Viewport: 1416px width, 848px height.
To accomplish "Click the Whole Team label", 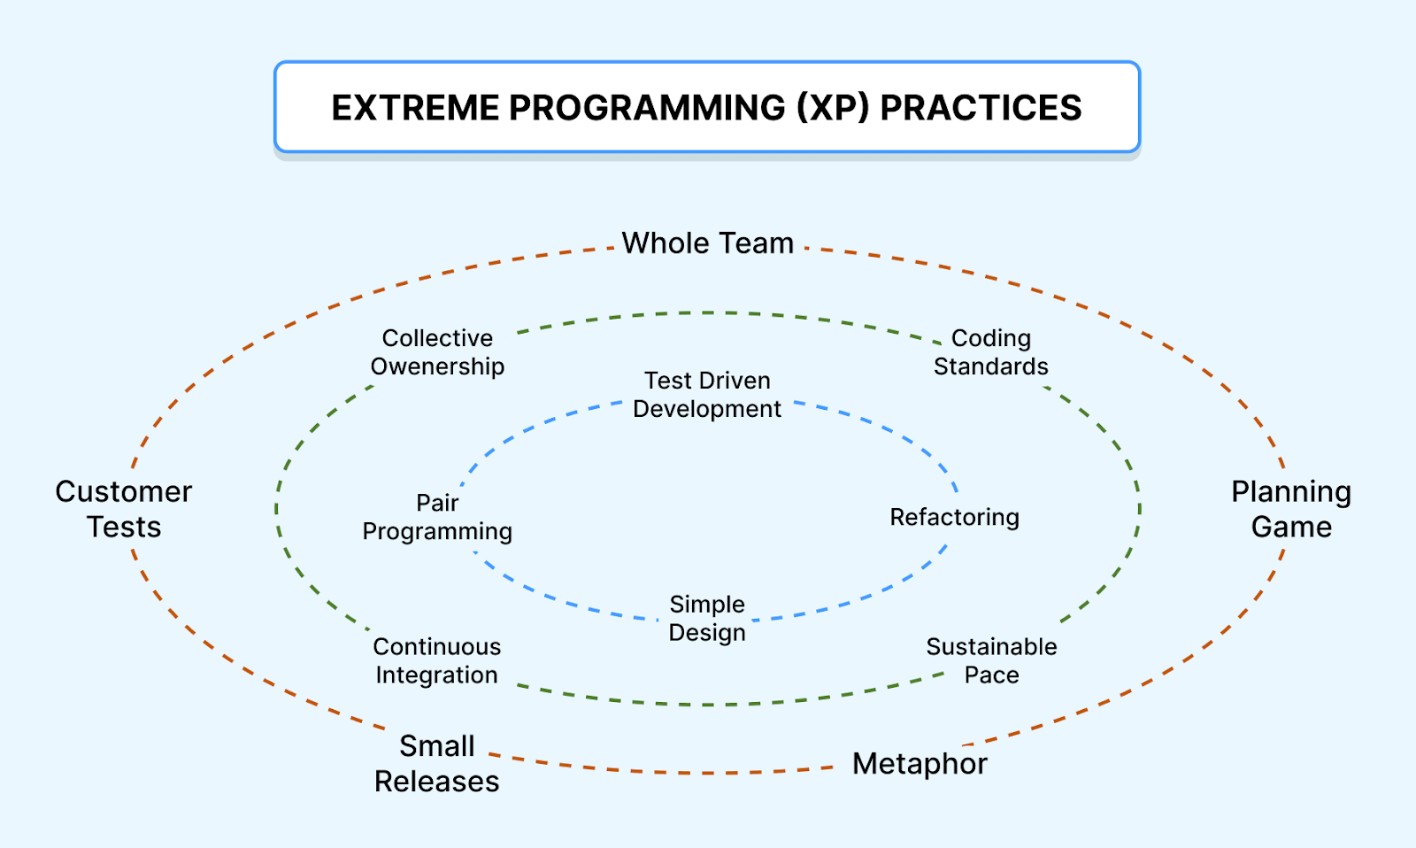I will pos(707,243).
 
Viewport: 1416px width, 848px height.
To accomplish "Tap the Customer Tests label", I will pos(124,508).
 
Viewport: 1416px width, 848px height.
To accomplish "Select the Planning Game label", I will pos(1291,508).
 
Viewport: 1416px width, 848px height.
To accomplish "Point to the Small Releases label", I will pos(436,762).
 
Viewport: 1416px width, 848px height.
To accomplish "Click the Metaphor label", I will pos(920,763).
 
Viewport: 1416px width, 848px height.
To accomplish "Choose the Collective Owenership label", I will pos(437,351).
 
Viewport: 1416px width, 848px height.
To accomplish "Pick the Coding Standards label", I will pos(990,351).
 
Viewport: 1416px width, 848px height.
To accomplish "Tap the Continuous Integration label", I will pos(436,660).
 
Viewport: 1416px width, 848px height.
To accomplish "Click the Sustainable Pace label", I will pos(991,660).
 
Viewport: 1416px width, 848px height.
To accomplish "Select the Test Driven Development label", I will pos(707,394).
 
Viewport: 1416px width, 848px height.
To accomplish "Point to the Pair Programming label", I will pos(437,516).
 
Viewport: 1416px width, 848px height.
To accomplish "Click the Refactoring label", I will pos(954,517).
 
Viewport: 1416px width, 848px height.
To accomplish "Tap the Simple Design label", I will pos(707,618).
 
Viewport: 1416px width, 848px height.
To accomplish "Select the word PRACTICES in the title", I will pos(981,108).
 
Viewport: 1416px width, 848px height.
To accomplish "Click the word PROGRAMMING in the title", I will pos(647,108).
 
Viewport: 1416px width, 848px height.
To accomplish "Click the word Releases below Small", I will pos(436,781).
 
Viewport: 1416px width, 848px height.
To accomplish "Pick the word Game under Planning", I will pos(1291,527).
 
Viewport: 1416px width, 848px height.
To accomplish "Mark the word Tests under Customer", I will pos(124,527).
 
